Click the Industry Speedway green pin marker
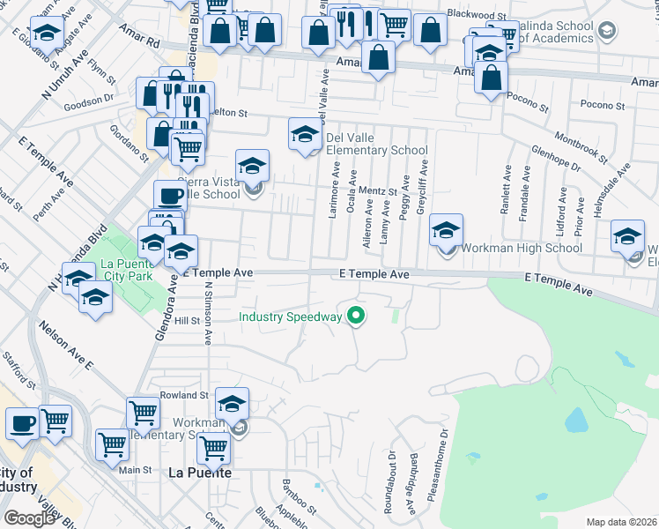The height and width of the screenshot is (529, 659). pos(356,315)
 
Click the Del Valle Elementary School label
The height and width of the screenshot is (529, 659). pos(376,144)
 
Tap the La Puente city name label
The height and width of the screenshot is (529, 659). pos(200,473)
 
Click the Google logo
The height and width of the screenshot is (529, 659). pos(29,518)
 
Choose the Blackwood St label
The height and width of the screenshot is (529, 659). pos(477,15)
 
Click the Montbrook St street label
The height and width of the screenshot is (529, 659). pos(581,147)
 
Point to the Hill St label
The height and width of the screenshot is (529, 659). pos(187,322)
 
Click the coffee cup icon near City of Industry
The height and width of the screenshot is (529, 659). pos(22,423)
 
